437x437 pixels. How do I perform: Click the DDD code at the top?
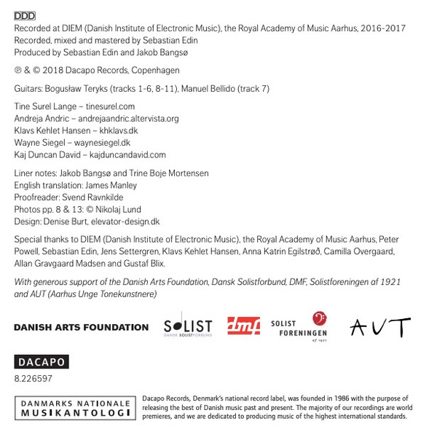point(25,15)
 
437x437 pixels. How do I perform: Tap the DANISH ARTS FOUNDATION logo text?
point(81,327)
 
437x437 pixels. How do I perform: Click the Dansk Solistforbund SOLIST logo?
point(188,326)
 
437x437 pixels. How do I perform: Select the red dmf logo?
point(243,326)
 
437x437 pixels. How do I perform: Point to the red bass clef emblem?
point(318,319)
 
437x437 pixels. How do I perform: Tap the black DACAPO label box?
point(42,362)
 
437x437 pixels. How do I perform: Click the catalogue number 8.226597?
point(34,379)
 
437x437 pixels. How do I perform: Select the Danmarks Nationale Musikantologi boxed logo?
point(76,408)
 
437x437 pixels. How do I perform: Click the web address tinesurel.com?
point(111,106)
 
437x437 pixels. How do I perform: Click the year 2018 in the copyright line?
point(52,71)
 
